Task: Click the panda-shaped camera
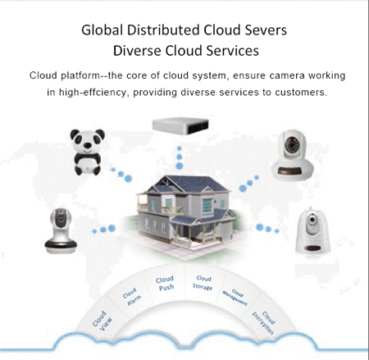point(87,152)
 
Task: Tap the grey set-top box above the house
point(180,125)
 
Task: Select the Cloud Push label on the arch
point(166,283)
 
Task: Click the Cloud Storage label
point(203,283)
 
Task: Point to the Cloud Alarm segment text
point(132,297)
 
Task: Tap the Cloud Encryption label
point(263,322)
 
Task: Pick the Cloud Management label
point(235,298)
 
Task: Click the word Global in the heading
point(102,30)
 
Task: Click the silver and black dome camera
point(61,230)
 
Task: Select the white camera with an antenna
point(312,230)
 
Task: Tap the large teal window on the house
point(207,205)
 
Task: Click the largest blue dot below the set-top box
point(180,166)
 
